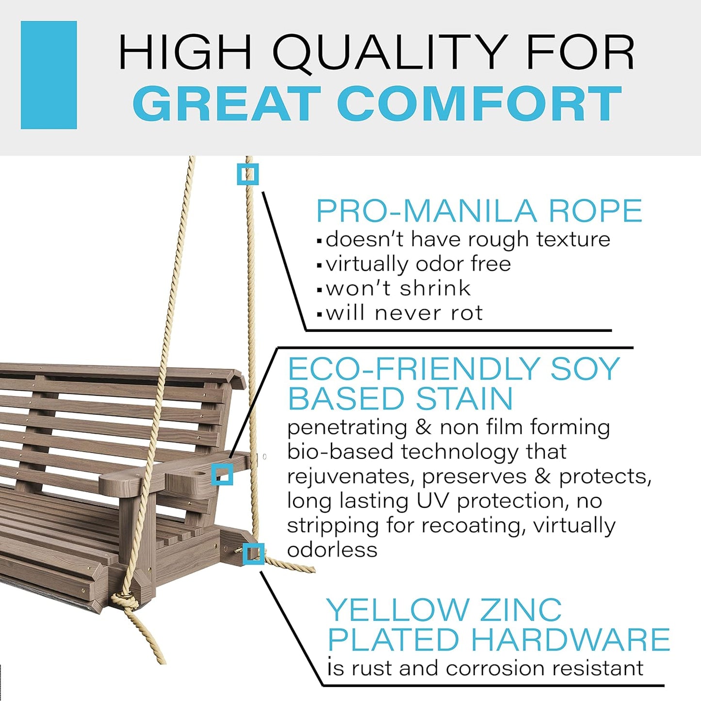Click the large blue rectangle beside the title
(x=49, y=75)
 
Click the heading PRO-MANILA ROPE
(x=479, y=211)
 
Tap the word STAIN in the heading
(x=464, y=399)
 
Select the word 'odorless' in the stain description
(x=332, y=550)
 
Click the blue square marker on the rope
(x=248, y=174)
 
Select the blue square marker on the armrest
(x=222, y=474)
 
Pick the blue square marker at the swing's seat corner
(x=253, y=554)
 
